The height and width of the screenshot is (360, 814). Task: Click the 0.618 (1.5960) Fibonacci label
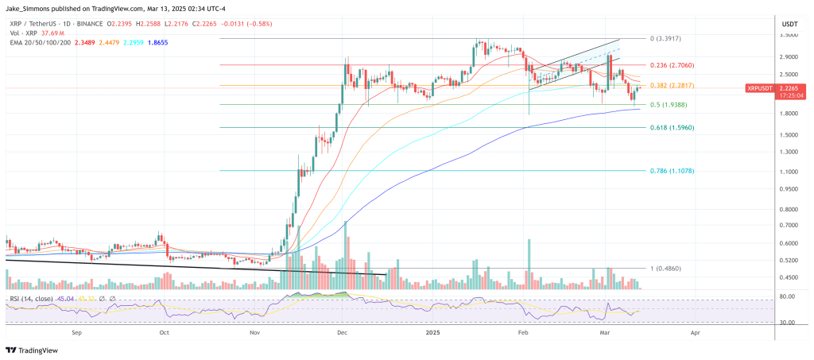pyautogui.click(x=672, y=127)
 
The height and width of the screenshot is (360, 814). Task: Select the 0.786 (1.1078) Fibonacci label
pyautogui.click(x=672, y=170)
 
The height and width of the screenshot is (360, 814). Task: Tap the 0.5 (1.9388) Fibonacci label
pyautogui.click(x=669, y=105)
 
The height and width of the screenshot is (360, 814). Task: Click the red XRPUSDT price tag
pyautogui.click(x=760, y=89)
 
